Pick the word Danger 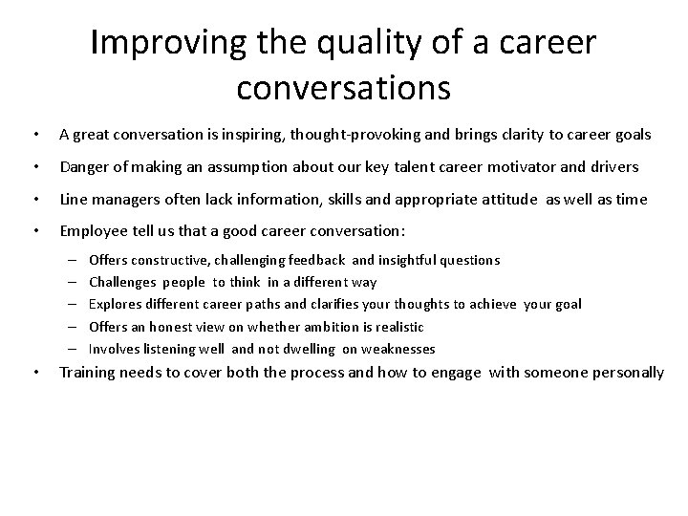point(84,167)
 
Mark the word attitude point(513,199)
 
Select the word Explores point(115,304)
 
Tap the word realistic point(397,327)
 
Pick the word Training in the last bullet point(90,373)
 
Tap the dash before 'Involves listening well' point(74,349)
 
